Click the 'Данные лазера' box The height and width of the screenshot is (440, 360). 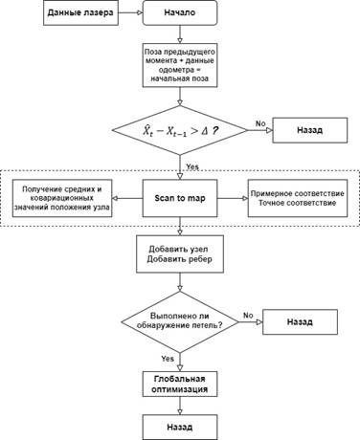(x=80, y=12)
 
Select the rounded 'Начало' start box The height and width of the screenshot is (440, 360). (x=180, y=12)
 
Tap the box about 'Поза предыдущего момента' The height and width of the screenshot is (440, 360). (x=180, y=65)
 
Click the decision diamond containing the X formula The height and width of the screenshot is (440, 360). (x=180, y=130)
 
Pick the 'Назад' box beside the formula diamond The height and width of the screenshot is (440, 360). (x=310, y=130)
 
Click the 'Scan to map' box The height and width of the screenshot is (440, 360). (x=180, y=198)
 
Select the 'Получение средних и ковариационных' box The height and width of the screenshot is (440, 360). (x=62, y=198)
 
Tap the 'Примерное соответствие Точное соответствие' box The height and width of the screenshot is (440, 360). (x=298, y=198)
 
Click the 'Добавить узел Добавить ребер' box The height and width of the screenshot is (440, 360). (x=180, y=254)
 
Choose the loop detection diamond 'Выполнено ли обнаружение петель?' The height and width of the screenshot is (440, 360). (x=180, y=321)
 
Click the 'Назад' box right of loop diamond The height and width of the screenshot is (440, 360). (x=300, y=321)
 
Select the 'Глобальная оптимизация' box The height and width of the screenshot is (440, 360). (x=180, y=384)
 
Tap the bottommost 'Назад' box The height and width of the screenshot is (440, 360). (x=180, y=428)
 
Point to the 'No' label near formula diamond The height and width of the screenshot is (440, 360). (x=260, y=123)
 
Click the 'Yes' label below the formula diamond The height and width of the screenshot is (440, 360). (x=192, y=166)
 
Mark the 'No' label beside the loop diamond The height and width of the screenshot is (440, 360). (x=248, y=316)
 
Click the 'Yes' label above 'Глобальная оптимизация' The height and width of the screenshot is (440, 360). (x=168, y=359)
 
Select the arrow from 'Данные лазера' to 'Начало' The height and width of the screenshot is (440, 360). (x=130, y=12)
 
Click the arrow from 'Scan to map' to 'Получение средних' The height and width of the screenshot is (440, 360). (x=127, y=198)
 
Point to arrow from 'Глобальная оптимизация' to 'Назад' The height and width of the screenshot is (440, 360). (x=180, y=406)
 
